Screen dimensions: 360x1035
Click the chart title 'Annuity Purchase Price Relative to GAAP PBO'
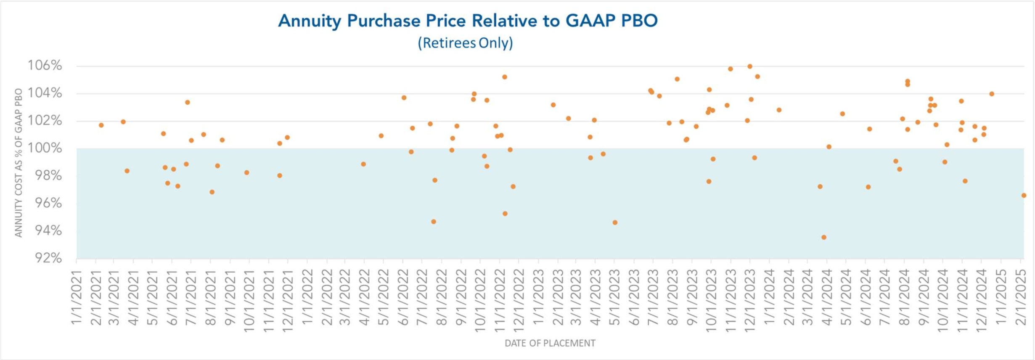[x=467, y=21]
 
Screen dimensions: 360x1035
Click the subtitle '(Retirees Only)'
[x=465, y=43]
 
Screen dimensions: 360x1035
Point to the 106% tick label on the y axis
[x=45, y=66]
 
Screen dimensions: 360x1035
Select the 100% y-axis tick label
[x=45, y=148]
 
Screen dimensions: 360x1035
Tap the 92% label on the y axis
[x=48, y=258]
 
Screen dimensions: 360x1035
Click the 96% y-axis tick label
[x=48, y=203]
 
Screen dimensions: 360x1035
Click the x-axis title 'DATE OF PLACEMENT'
[x=550, y=343]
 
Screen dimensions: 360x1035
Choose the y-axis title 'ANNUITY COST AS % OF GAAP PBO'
[x=19, y=163]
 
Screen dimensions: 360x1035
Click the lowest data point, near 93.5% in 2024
[x=824, y=237]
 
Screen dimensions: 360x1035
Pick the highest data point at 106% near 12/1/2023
[x=749, y=66]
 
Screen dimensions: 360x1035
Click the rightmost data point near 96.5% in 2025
[x=1024, y=196]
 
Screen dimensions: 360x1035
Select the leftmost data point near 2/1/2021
[x=101, y=125]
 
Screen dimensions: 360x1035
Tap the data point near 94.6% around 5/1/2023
[x=615, y=222]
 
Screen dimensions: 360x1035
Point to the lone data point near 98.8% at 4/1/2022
[x=363, y=164]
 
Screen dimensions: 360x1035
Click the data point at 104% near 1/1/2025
[x=992, y=94]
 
